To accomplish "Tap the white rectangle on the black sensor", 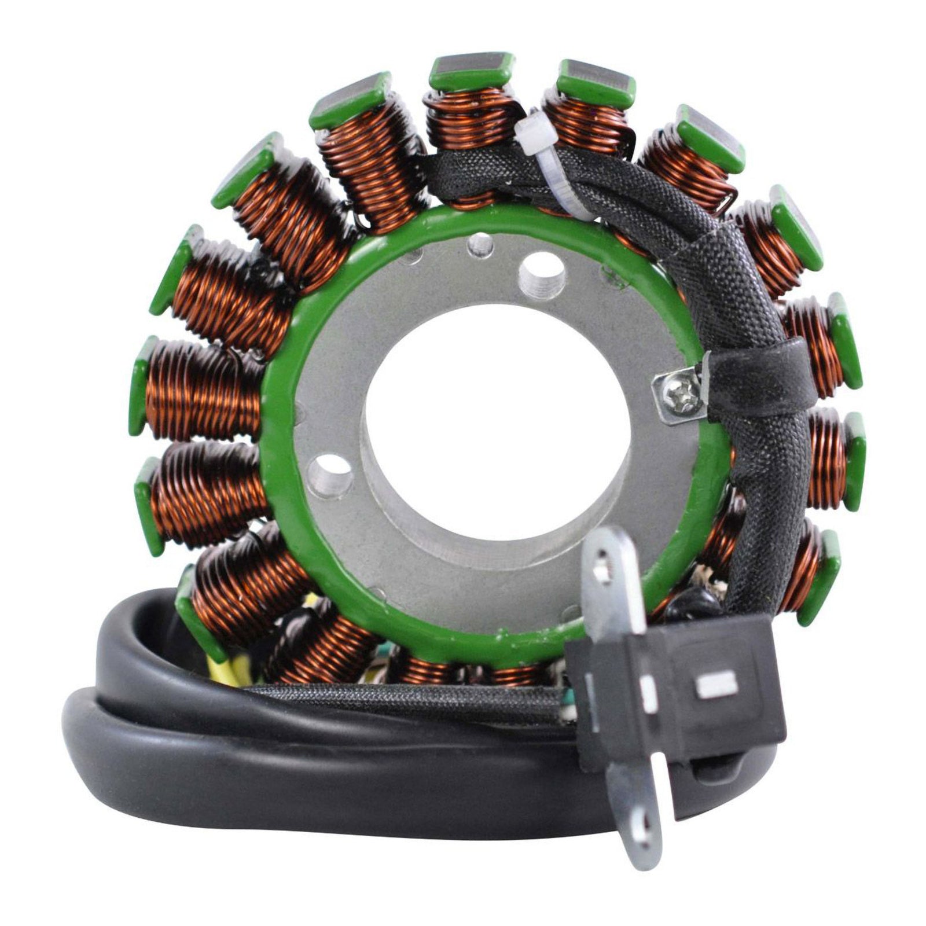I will pos(717,686).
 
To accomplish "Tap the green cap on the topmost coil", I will pos(472,71).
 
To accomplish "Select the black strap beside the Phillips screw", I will pos(752,370).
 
